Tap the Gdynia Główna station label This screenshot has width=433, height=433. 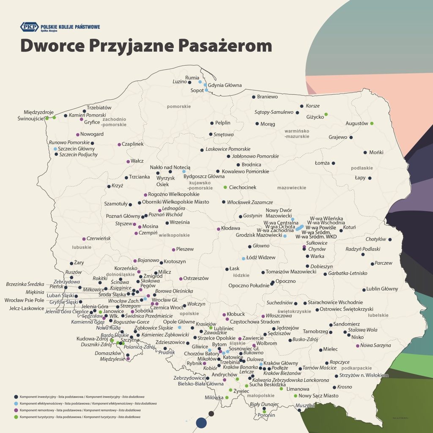coord(225,85)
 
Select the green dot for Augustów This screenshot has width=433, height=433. coord(372,123)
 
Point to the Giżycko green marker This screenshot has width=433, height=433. coord(326,114)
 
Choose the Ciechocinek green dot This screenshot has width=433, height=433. coord(225,187)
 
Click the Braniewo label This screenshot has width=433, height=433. coord(267,97)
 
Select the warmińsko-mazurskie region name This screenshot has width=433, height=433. coord(297,134)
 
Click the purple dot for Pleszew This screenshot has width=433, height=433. coord(173,249)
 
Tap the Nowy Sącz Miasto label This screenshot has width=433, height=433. coord(318,396)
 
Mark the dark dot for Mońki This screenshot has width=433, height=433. coord(365,152)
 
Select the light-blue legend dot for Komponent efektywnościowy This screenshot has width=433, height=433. coord(16,404)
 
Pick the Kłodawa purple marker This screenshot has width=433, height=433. coord(219,229)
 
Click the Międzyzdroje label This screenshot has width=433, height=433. coord(39,112)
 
